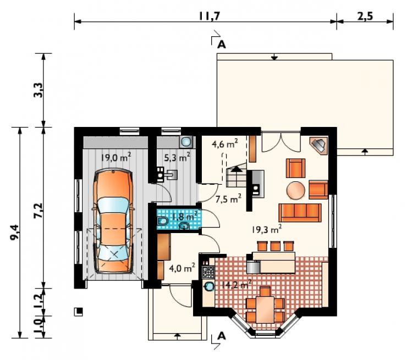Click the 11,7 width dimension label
coord(210,16)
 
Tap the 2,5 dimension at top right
coord(365,16)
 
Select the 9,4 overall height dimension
coord(15,232)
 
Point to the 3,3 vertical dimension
coord(38,90)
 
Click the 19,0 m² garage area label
coord(116,157)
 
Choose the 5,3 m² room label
coord(177,157)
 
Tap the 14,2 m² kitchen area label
coord(236,285)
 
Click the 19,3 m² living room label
coord(267,229)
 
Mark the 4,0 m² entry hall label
coord(182,268)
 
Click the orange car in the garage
coord(113,221)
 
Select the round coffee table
coord(296,190)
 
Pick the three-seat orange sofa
coord(300,213)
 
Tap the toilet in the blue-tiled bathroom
coord(162,221)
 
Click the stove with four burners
coord(208,272)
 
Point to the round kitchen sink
coord(208,286)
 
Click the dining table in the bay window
coord(265,309)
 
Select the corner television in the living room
coord(319,145)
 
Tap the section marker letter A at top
coord(222,45)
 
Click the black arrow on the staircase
coord(236,169)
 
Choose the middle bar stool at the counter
coord(276,246)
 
